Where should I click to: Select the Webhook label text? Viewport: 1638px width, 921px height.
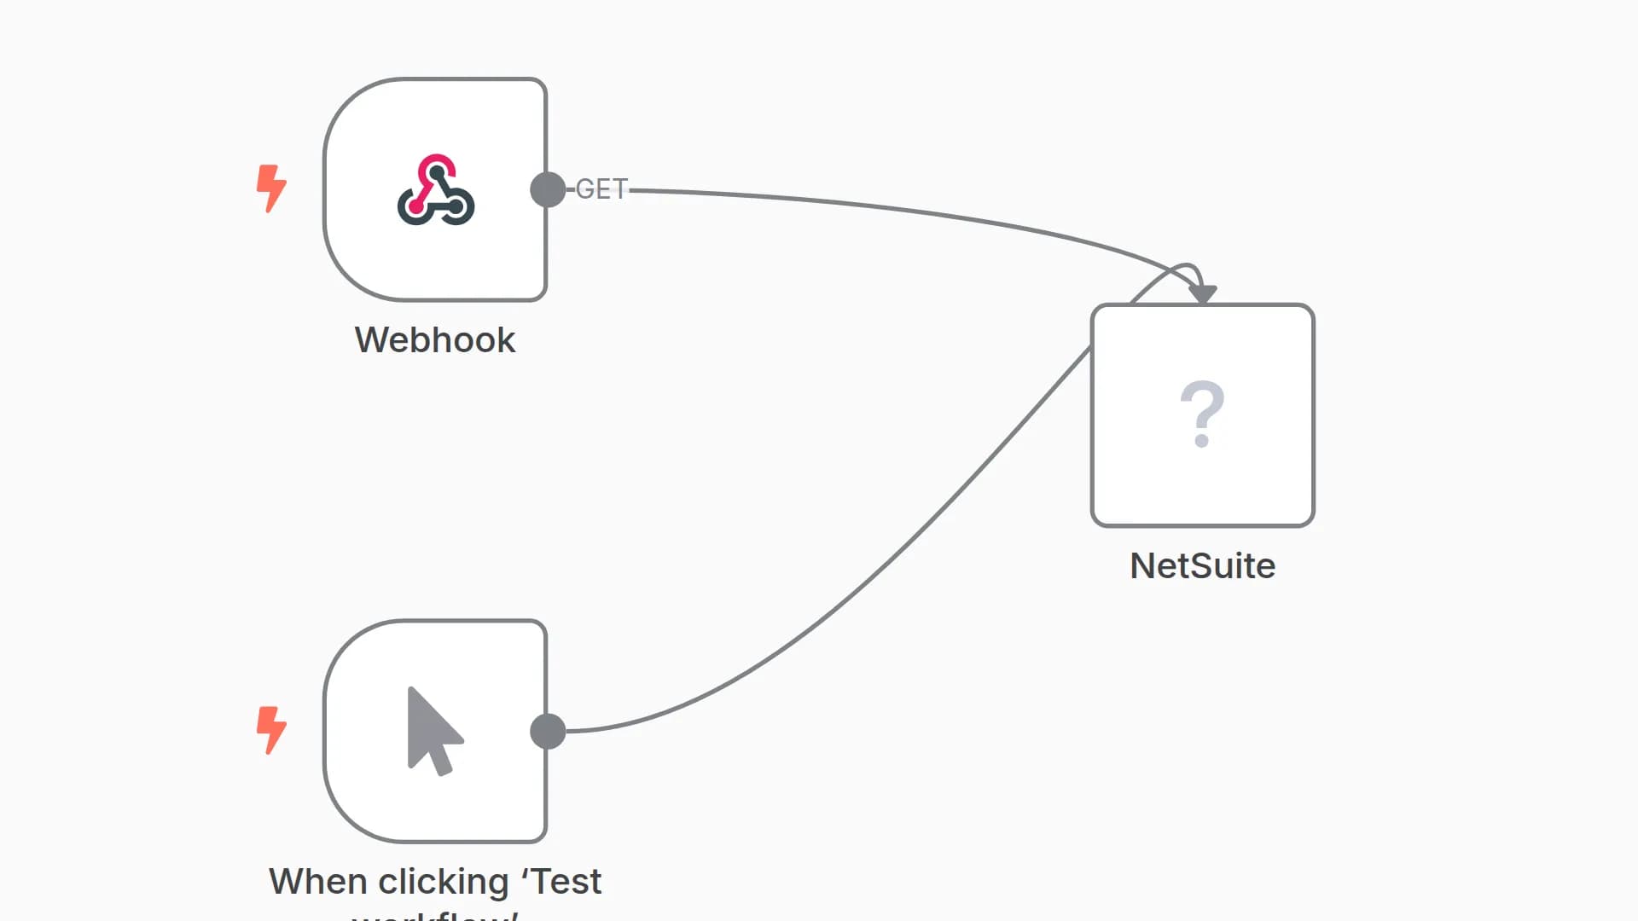pyautogui.click(x=434, y=340)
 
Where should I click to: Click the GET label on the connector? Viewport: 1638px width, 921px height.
pyautogui.click(x=601, y=189)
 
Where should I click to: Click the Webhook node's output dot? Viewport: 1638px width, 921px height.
pyautogui.click(x=548, y=189)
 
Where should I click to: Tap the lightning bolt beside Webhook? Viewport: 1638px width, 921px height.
pyautogui.click(x=271, y=188)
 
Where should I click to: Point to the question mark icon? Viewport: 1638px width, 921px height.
pyautogui.click(x=1202, y=414)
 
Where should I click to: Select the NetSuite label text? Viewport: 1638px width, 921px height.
pyautogui.click(x=1202, y=566)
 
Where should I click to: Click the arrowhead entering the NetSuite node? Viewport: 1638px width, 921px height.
pyautogui.click(x=1203, y=295)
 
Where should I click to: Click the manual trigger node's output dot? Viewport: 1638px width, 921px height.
pyautogui.click(x=548, y=732)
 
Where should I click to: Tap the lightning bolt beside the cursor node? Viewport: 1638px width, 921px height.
pyautogui.click(x=271, y=730)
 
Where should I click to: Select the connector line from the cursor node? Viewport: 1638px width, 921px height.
pyautogui.click(x=853, y=597)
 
